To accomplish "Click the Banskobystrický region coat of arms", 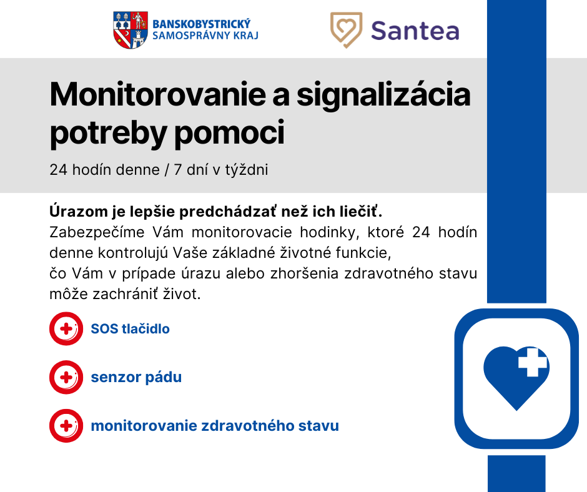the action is click(x=131, y=31).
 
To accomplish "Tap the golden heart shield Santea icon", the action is click(x=347, y=30).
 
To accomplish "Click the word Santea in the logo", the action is click(x=415, y=31).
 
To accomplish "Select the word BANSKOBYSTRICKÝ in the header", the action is click(x=202, y=24).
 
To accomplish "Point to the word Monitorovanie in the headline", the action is click(x=158, y=95).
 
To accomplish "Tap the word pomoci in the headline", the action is click(x=229, y=133).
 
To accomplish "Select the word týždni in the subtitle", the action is click(x=246, y=170).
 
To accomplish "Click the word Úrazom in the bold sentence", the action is click(x=79, y=211).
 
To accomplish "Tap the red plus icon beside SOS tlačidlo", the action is click(x=66, y=329).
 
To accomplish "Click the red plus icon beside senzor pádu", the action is click(x=66, y=377).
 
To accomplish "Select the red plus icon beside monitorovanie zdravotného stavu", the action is click(x=66, y=426).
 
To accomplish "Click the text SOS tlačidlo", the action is click(x=131, y=329).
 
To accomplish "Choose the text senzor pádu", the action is click(x=136, y=377).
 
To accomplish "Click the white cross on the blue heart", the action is click(x=532, y=362).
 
